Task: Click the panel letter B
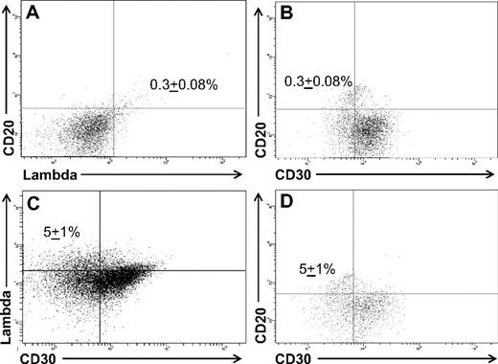click(286, 14)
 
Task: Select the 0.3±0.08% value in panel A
click(184, 84)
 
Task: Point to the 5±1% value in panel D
click(315, 270)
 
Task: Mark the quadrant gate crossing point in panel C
click(100, 271)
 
